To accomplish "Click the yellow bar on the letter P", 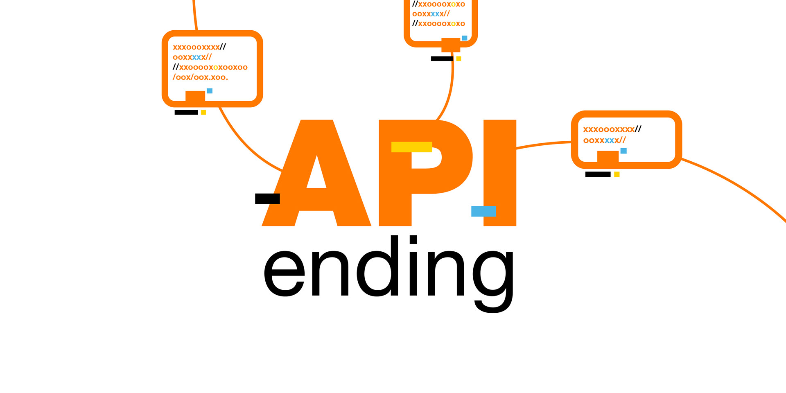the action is click(x=411, y=147).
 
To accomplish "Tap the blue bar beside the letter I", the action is click(x=483, y=211).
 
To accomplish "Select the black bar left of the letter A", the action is click(x=267, y=199).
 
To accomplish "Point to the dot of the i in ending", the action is click(x=413, y=239).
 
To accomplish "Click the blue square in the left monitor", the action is click(x=210, y=91).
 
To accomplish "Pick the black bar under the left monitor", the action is click(x=186, y=112).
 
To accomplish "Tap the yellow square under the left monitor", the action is click(x=203, y=112).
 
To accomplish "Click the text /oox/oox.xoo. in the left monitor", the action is click(x=200, y=77).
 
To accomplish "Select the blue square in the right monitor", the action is click(x=623, y=151).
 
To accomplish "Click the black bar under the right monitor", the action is click(x=598, y=174).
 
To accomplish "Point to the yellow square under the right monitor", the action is click(x=617, y=174).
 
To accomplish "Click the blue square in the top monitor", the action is click(x=464, y=38).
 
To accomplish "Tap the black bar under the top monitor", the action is click(x=442, y=59).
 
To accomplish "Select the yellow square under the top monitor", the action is click(x=459, y=59).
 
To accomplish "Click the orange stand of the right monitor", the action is click(x=608, y=156).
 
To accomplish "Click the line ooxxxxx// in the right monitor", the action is click(x=604, y=140).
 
